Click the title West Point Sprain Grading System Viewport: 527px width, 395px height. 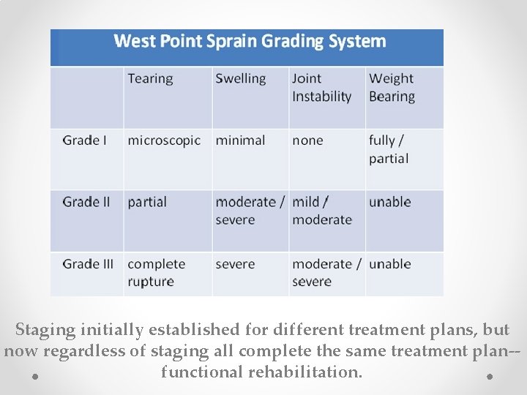(x=250, y=41)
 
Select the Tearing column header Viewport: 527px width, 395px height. (x=150, y=79)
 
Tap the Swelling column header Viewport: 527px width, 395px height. (x=240, y=79)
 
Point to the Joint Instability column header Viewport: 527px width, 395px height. (x=321, y=88)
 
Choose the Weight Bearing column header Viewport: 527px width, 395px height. (x=392, y=88)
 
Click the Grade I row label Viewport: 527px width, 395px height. (x=85, y=140)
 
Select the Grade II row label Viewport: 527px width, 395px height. (x=86, y=202)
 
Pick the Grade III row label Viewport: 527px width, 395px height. (x=88, y=264)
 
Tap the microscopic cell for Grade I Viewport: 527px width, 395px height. (x=163, y=140)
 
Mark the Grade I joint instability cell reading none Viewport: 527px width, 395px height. (x=307, y=140)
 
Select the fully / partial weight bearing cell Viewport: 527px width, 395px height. (x=389, y=149)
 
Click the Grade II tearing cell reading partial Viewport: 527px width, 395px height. (x=147, y=202)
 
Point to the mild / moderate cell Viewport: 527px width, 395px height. (x=321, y=211)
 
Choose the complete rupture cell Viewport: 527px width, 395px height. (x=156, y=273)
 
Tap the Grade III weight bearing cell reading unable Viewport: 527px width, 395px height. (x=389, y=264)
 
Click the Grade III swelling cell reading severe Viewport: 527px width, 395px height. (x=235, y=264)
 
